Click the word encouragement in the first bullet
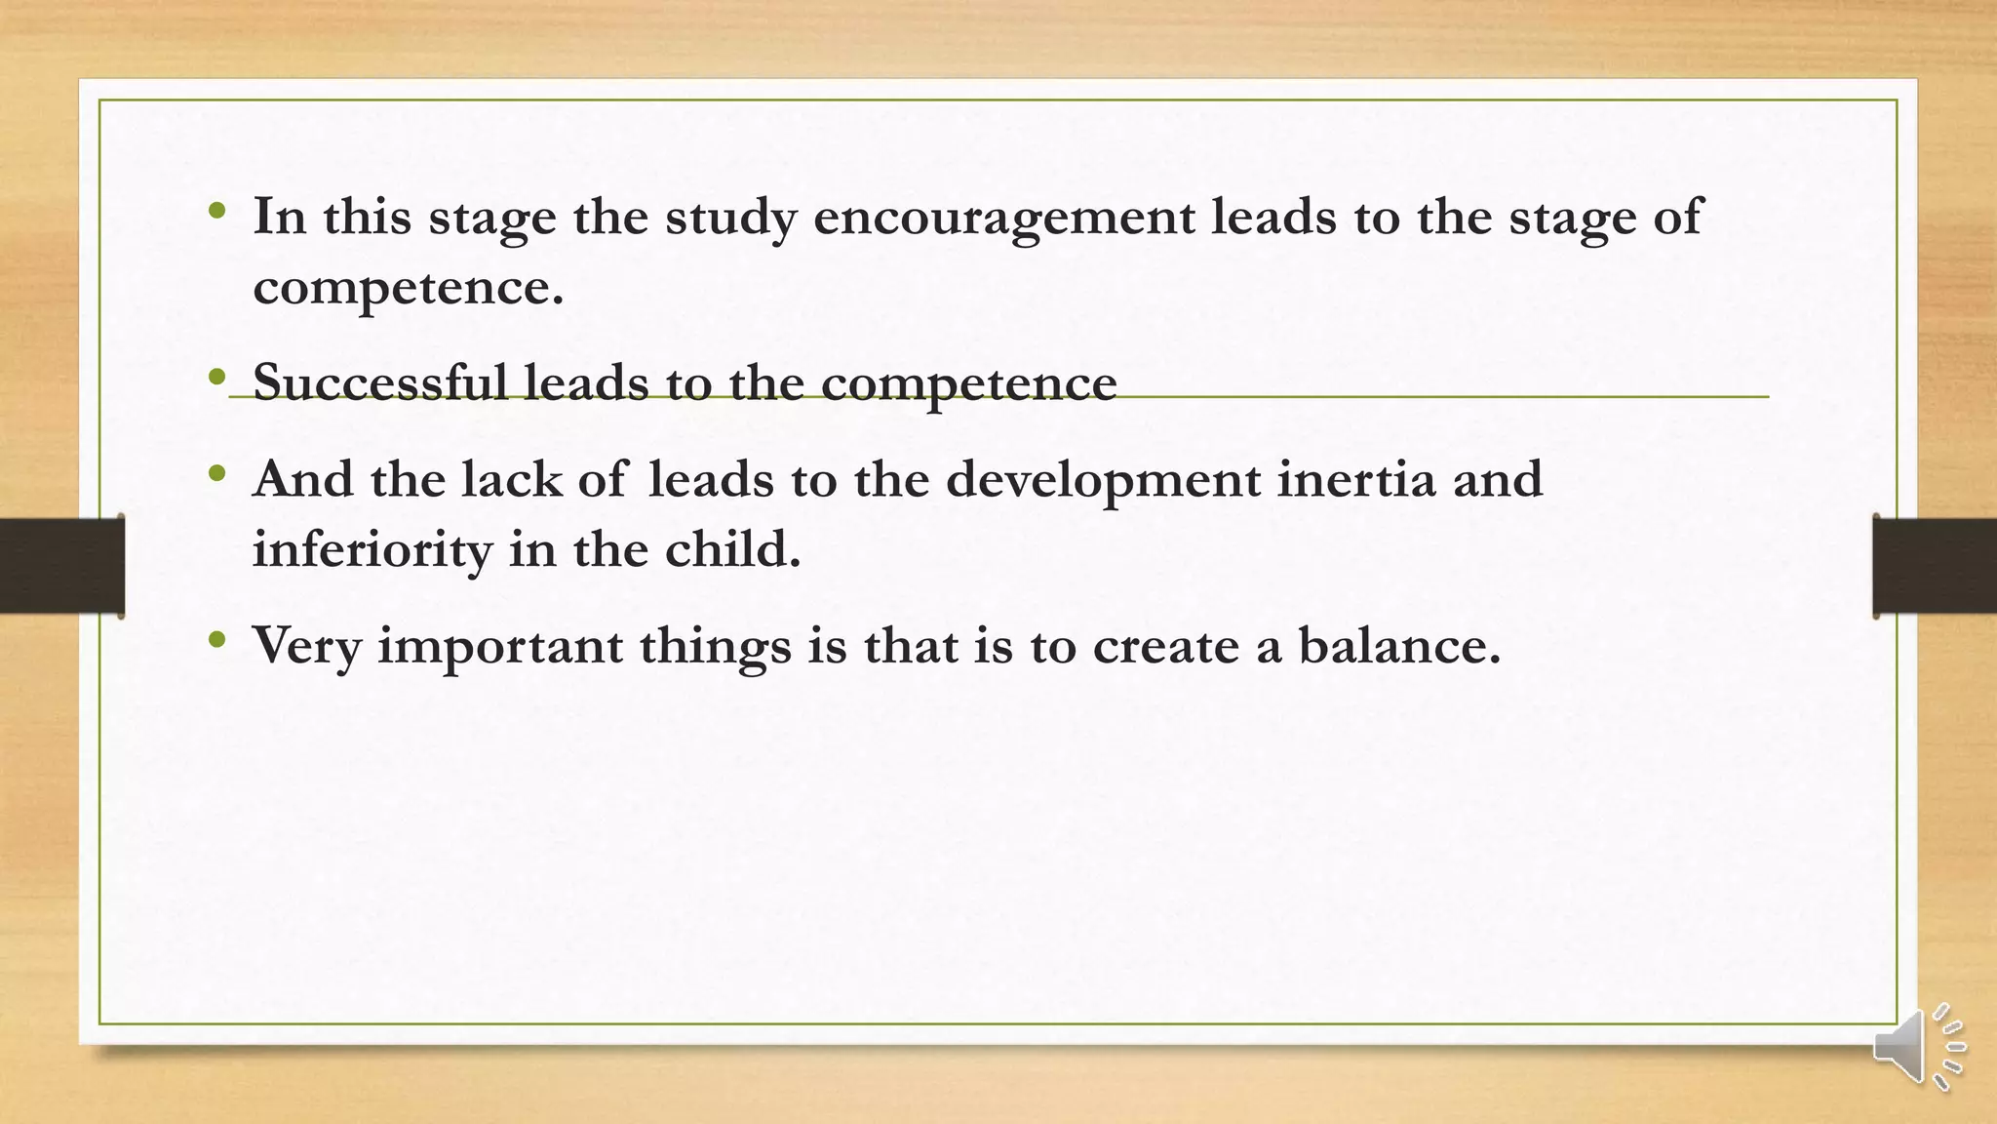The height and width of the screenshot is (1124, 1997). click(x=1003, y=217)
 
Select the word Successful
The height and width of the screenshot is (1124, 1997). click(x=379, y=381)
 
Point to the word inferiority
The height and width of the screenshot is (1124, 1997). click(x=372, y=549)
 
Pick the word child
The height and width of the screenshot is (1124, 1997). click(x=732, y=549)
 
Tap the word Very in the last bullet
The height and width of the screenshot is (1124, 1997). click(x=306, y=646)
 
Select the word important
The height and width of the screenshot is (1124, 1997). click(x=499, y=647)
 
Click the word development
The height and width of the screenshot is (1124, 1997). click(x=1103, y=481)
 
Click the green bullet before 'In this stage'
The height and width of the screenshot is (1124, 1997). click(x=217, y=210)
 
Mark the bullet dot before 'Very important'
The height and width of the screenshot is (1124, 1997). click(x=217, y=640)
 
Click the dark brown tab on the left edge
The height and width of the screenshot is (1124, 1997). click(x=61, y=566)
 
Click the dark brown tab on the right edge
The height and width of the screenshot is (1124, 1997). click(x=1935, y=566)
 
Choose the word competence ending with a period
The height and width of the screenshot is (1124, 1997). click(x=408, y=287)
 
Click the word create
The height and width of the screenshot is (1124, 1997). click(x=1165, y=645)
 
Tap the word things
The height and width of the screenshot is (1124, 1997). click(x=715, y=647)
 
